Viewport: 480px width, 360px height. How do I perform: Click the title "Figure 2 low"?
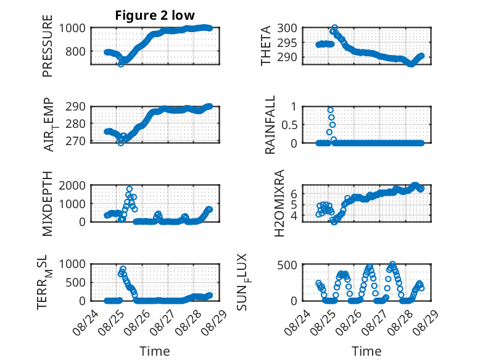[155, 15]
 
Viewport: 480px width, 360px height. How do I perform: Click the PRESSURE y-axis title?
[48, 46]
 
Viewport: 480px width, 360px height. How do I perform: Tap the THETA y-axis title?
[266, 46]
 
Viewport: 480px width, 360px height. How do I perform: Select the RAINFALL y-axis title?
[270, 125]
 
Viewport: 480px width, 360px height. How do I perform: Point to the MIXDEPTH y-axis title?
[48, 203]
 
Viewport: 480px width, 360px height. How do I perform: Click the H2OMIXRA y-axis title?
[279, 203]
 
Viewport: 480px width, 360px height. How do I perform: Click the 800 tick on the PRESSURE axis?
[75, 51]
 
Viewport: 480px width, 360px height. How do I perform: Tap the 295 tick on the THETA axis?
[287, 43]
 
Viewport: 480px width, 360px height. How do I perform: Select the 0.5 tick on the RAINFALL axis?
[289, 125]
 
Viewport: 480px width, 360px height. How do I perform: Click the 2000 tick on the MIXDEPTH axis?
[72, 185]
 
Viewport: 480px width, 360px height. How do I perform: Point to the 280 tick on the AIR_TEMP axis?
[75, 124]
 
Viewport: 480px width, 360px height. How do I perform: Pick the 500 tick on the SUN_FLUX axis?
[287, 265]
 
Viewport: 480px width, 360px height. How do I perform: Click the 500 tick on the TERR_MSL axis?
[75, 282]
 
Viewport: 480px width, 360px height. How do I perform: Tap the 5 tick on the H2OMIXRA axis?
[294, 204]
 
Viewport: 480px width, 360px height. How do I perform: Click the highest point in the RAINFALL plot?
[330, 110]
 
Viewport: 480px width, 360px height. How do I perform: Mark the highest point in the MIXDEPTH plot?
[130, 189]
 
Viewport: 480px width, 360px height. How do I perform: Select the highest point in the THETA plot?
[334, 28]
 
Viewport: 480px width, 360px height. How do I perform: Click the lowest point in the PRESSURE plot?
[121, 64]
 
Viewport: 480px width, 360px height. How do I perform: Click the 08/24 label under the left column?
[86, 322]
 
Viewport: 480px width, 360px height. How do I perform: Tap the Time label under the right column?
[366, 351]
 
